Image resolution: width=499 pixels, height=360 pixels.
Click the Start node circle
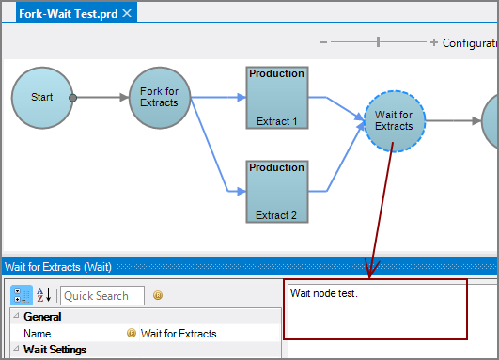(x=42, y=97)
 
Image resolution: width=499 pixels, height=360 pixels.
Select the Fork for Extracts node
(x=159, y=97)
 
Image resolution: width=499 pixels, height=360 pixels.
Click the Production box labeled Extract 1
(x=276, y=97)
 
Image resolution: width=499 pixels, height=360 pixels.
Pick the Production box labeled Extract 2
(x=276, y=191)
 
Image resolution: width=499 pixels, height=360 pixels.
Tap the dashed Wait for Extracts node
(x=393, y=120)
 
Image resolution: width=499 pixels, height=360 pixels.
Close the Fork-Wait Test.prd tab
(x=126, y=12)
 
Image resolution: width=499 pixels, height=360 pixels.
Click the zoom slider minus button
(x=323, y=42)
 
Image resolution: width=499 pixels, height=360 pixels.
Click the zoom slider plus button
(x=434, y=42)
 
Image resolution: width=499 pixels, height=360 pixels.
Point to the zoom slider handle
(x=379, y=42)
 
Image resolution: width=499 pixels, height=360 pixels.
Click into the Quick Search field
(x=101, y=295)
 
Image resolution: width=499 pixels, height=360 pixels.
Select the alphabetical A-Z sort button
(x=43, y=295)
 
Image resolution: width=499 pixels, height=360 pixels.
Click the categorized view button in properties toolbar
(x=22, y=295)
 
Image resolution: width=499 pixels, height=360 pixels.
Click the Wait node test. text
(x=324, y=293)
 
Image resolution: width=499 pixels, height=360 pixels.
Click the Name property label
(x=38, y=334)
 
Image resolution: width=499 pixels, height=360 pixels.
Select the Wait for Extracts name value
(x=179, y=334)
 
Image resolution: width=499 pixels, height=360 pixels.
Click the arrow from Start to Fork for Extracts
(x=103, y=97)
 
